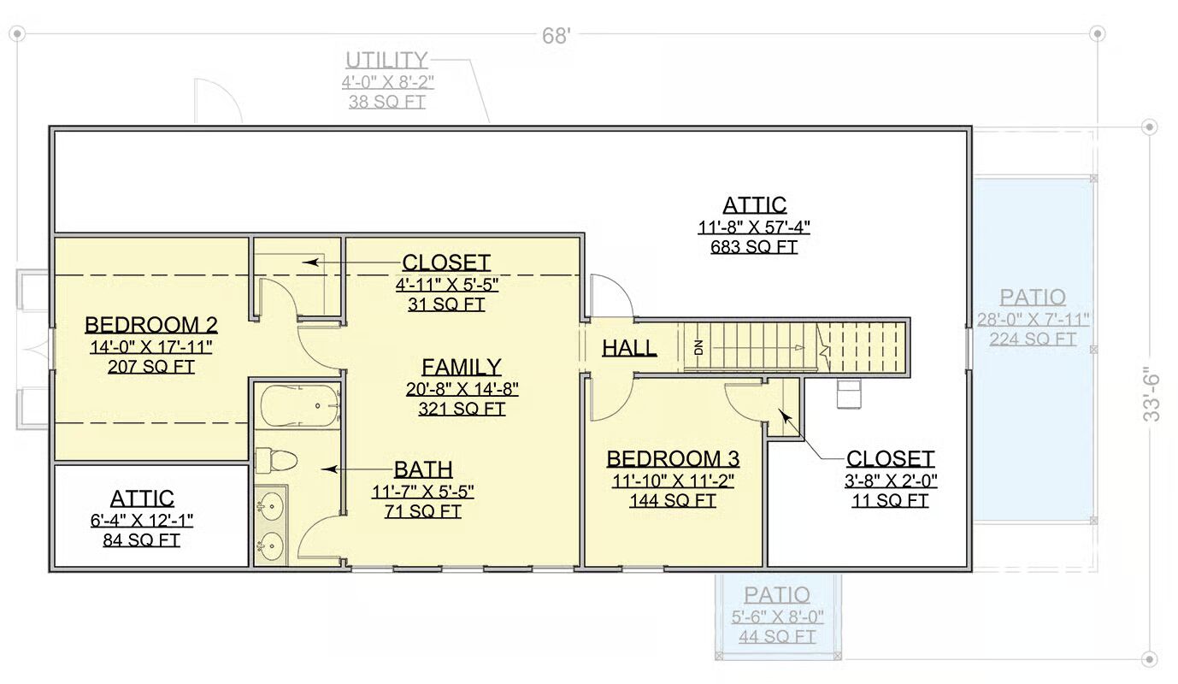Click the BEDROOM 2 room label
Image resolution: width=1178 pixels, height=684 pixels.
click(x=151, y=325)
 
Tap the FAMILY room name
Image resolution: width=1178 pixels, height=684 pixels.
click(x=462, y=367)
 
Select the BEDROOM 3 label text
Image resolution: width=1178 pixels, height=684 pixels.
click(x=673, y=459)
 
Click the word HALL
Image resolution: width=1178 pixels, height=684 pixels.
click(x=629, y=347)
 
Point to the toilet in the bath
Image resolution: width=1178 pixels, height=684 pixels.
click(x=276, y=460)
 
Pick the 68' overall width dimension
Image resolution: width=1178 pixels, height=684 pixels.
click(x=556, y=36)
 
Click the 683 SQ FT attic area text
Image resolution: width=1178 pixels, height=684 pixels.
click(x=754, y=246)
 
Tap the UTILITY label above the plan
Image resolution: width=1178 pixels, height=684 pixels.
click(x=386, y=60)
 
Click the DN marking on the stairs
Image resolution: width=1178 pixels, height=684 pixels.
click(x=698, y=347)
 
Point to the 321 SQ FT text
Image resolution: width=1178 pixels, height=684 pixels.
click(x=462, y=409)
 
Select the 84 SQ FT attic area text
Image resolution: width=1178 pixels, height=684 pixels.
click(x=141, y=540)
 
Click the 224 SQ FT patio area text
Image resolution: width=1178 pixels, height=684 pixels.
click(x=1033, y=339)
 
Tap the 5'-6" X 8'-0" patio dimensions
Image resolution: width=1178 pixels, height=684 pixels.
click(x=777, y=616)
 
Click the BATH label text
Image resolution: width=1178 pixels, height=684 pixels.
click(x=423, y=469)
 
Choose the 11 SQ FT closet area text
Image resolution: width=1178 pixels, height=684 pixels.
click(x=890, y=500)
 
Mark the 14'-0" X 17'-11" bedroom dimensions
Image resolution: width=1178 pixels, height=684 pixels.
click(x=151, y=347)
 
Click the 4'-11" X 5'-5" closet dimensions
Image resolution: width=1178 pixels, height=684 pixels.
click(x=447, y=285)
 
